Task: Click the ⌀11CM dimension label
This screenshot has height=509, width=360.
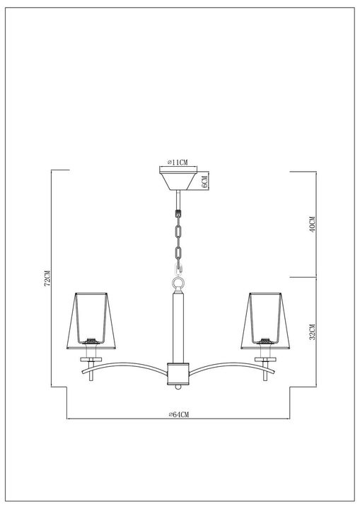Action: click(178, 163)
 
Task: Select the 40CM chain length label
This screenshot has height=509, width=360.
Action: click(312, 224)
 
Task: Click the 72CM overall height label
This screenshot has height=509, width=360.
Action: click(47, 279)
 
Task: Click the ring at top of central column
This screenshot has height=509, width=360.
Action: click(178, 283)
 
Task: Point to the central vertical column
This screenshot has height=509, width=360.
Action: click(178, 325)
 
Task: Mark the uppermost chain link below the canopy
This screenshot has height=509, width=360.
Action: click(178, 211)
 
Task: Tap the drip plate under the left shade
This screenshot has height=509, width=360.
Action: click(89, 359)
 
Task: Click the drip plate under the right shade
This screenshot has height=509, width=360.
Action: click(266, 359)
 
